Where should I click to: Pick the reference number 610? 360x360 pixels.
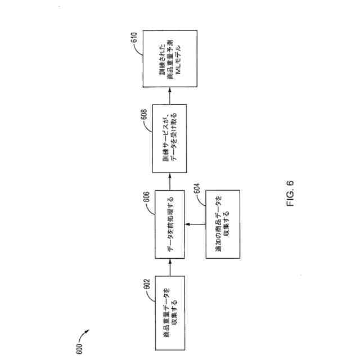pyautogui.click(x=133, y=38)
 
